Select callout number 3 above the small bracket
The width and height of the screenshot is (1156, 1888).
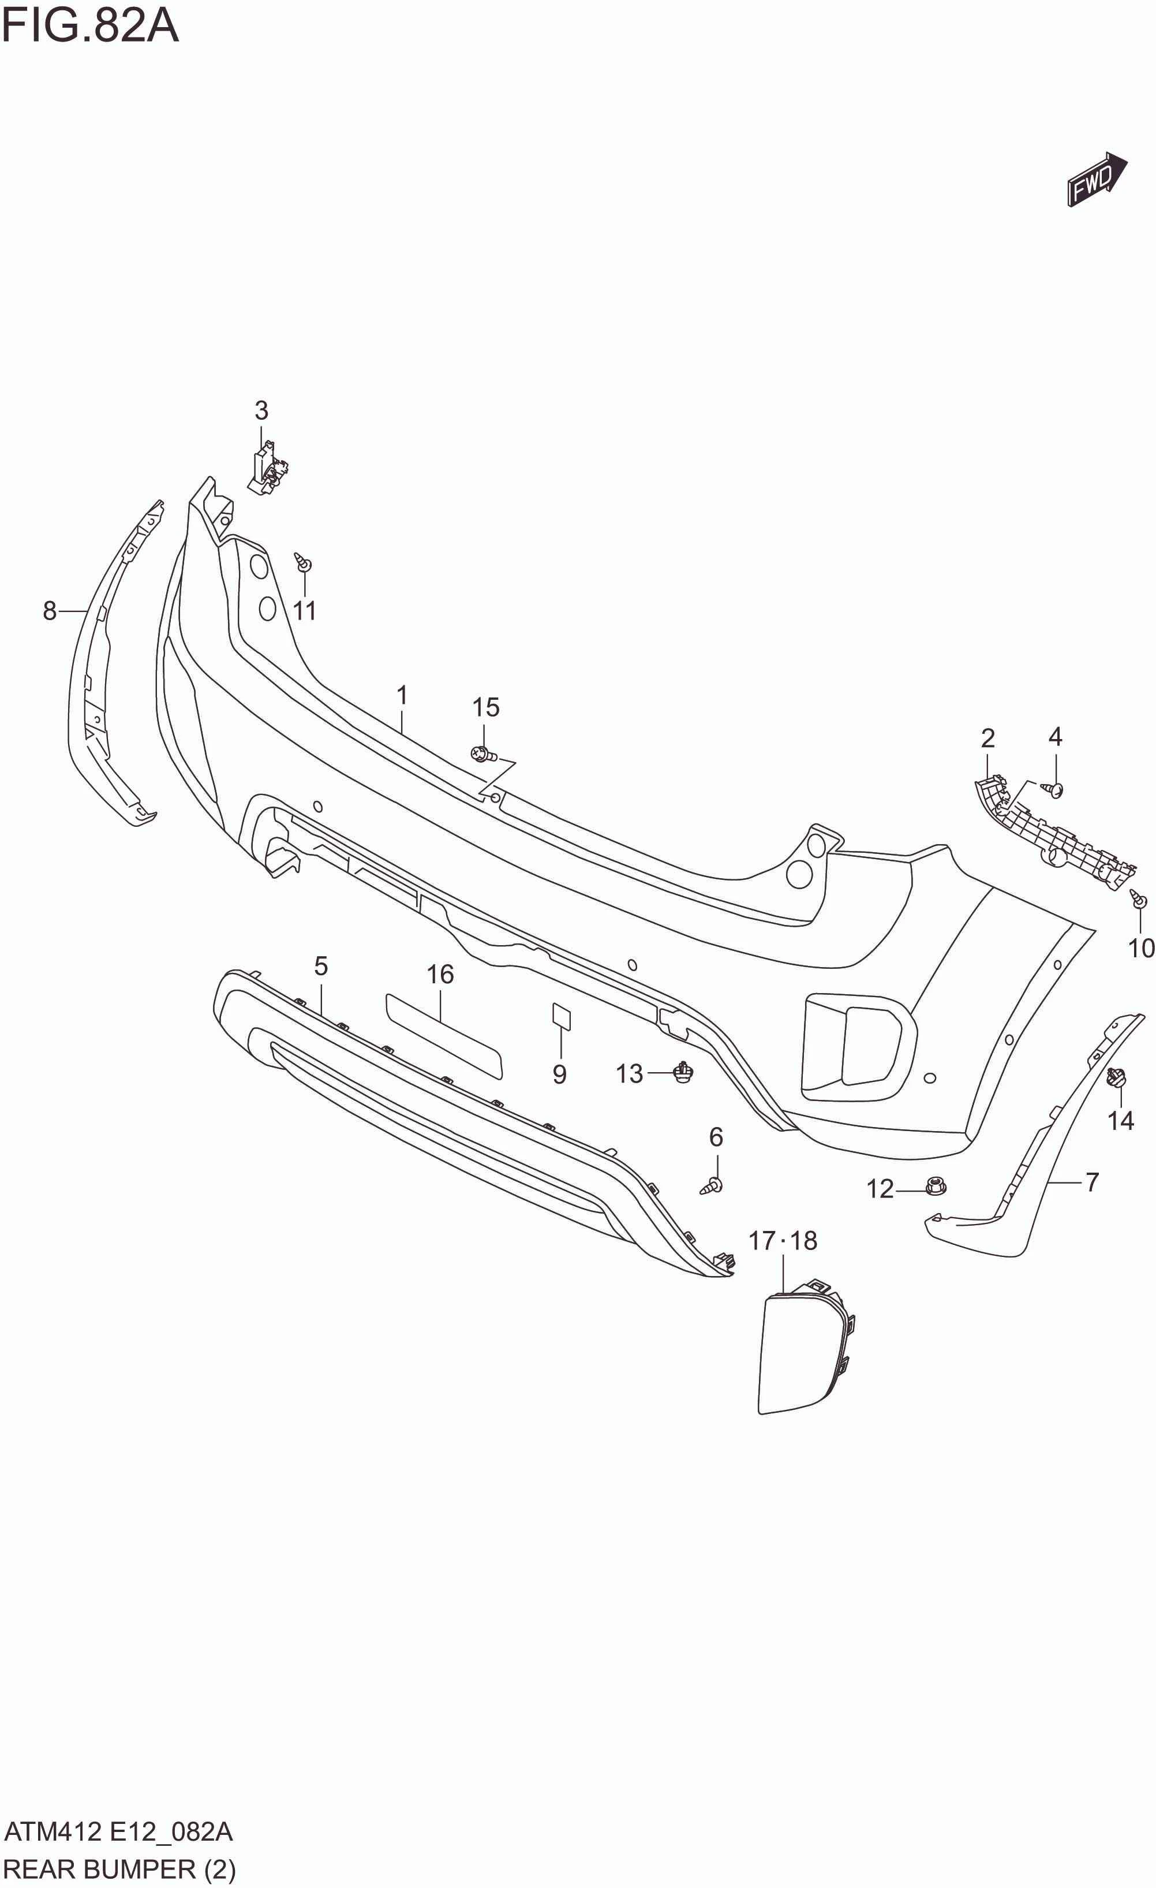[x=261, y=411]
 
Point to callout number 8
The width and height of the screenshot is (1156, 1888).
[x=50, y=611]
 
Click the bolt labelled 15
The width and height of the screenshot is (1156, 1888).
[x=482, y=755]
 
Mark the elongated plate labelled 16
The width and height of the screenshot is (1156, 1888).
[x=444, y=1035]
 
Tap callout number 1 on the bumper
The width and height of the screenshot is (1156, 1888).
[x=402, y=696]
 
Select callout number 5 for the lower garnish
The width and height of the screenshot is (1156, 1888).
[x=321, y=966]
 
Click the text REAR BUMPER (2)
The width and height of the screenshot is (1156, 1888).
[x=119, y=1870]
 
